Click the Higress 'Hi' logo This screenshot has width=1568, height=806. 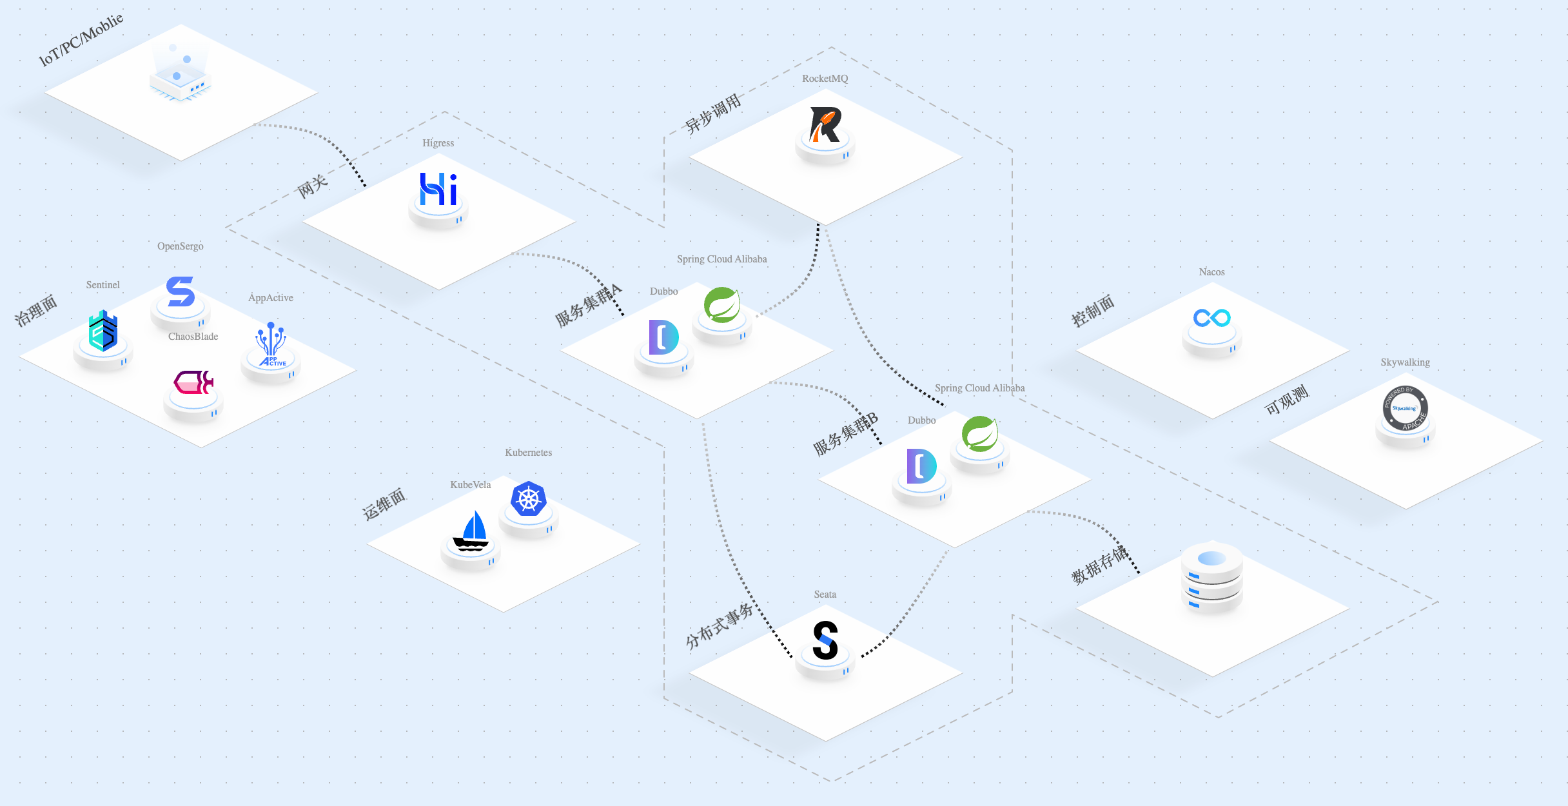coord(438,189)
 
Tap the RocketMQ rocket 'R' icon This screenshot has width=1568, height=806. coord(825,124)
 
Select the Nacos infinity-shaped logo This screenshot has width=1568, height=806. coord(1212,318)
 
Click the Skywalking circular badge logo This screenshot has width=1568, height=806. coord(1406,409)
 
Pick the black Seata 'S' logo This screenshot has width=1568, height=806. coord(825,640)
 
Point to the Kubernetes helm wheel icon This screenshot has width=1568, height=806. coord(529,499)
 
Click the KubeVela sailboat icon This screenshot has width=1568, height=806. coord(471,531)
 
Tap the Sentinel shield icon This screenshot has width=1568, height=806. coord(103,331)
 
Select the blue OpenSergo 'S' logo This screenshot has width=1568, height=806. coord(181,291)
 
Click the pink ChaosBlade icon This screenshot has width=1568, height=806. coord(193,382)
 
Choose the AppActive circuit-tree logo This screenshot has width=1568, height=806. coord(271,344)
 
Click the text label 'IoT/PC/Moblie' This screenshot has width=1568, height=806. coord(81,40)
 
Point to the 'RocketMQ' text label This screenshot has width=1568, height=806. coord(825,79)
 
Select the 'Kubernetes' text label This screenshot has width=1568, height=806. coord(529,453)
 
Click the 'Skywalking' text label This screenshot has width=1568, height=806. coord(1406,362)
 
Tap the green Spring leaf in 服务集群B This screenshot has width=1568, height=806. coord(980,433)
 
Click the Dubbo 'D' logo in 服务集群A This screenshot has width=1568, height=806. coord(664,337)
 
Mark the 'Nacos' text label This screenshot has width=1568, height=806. coord(1212,272)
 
